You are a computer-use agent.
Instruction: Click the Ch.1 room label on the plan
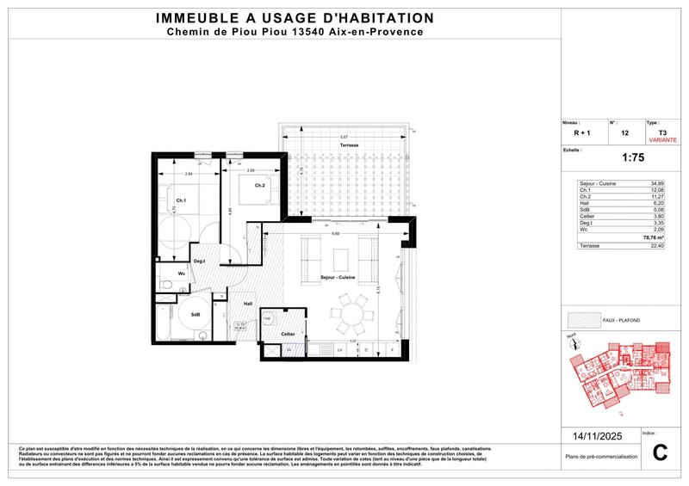(x=183, y=200)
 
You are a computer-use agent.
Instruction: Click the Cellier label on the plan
(x=288, y=333)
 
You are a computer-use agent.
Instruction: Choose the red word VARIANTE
(x=661, y=138)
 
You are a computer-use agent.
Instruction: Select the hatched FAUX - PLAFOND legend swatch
(x=582, y=320)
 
